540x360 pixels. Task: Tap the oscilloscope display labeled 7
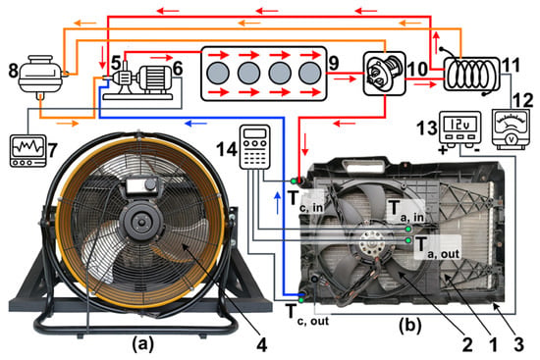tap(27, 151)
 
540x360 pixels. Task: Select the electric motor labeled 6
tap(155, 79)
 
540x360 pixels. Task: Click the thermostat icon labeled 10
tap(385, 74)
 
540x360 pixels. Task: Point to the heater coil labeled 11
tap(471, 74)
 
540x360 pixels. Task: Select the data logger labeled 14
tap(255, 147)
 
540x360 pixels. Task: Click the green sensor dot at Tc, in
tap(294, 181)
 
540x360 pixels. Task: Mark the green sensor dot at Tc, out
tap(301, 300)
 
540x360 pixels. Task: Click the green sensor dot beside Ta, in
tap(408, 229)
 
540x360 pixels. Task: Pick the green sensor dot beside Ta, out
tap(408, 240)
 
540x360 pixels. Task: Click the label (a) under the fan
tap(143, 344)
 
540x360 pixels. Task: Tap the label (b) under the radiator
tap(410, 325)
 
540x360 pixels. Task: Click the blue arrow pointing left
tap(196, 123)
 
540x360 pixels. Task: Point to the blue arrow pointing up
tap(277, 203)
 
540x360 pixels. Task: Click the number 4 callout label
tap(262, 344)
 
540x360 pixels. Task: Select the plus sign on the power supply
tap(442, 150)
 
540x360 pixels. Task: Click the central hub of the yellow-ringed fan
tap(141, 222)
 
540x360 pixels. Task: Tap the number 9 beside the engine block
tap(334, 64)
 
